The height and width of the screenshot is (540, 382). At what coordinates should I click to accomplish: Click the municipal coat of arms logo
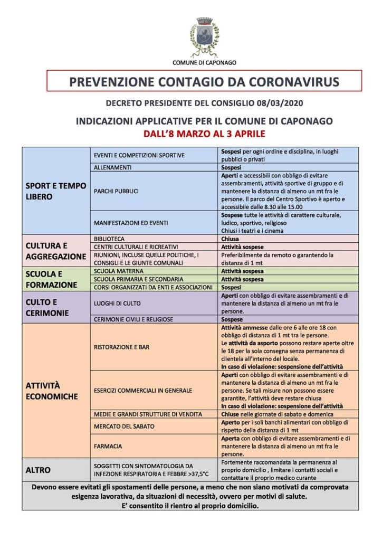pos(204,37)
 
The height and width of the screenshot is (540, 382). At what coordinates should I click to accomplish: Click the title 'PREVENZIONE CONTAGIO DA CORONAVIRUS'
pos(204,81)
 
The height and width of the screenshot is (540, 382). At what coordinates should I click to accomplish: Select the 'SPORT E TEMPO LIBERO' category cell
pos(55,191)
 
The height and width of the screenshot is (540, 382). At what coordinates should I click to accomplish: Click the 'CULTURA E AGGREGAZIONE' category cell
pos(55,251)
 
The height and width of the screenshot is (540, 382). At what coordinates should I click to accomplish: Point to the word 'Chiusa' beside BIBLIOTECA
pos(230,239)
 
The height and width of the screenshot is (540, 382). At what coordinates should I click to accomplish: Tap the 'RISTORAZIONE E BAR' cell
pos(121,347)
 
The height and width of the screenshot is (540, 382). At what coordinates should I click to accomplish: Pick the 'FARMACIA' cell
pos(108,446)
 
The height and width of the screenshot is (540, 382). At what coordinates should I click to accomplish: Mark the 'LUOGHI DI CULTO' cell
pos(117,304)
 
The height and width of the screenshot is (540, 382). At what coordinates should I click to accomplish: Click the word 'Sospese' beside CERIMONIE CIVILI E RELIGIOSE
pos(232,319)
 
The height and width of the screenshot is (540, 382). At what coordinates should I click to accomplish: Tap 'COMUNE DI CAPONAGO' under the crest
pos(204,63)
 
